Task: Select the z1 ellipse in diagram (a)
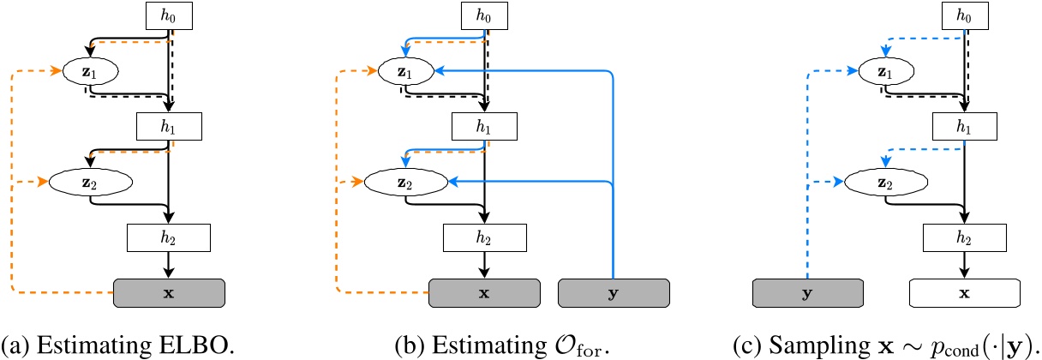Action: (90, 70)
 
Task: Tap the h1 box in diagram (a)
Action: (169, 126)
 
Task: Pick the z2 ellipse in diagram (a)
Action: (90, 182)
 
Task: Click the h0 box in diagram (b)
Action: (485, 15)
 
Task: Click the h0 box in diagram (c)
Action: (965, 15)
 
